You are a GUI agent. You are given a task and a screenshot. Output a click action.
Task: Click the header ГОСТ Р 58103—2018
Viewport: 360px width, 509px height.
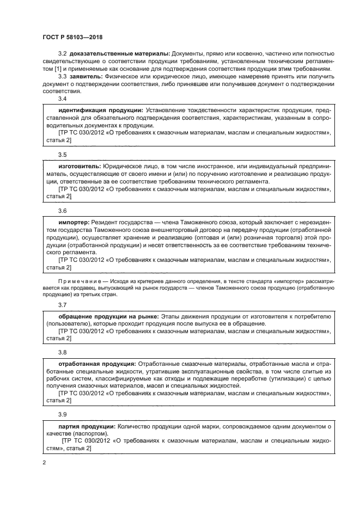[x=72, y=37]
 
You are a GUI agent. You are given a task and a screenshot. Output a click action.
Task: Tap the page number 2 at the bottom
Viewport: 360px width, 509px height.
[x=44, y=462]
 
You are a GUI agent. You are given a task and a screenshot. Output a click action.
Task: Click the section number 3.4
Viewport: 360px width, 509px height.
[x=62, y=99]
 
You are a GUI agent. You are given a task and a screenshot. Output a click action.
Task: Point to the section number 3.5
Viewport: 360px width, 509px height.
[x=62, y=155]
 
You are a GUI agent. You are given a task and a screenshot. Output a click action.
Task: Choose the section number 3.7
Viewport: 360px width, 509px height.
[x=62, y=304]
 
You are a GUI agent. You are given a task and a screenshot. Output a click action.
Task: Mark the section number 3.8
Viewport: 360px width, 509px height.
[x=62, y=352]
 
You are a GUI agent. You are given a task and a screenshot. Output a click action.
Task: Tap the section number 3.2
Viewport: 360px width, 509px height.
[x=62, y=54]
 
